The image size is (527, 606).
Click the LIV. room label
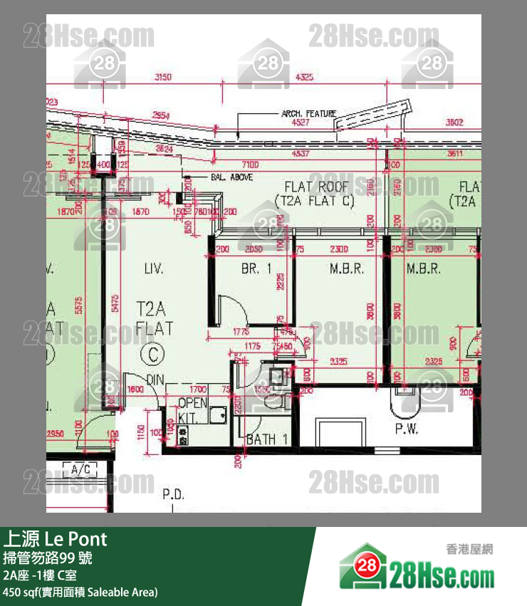coord(153,269)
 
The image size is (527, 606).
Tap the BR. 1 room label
coord(256,269)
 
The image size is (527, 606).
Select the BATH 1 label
coord(266,440)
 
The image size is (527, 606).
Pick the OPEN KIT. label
coord(192,409)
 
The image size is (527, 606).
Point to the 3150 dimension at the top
coord(164,77)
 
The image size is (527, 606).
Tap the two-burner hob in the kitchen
coord(183,435)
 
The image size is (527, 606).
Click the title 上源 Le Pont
coord(56,539)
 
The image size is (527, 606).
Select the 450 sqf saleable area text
coord(80,592)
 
